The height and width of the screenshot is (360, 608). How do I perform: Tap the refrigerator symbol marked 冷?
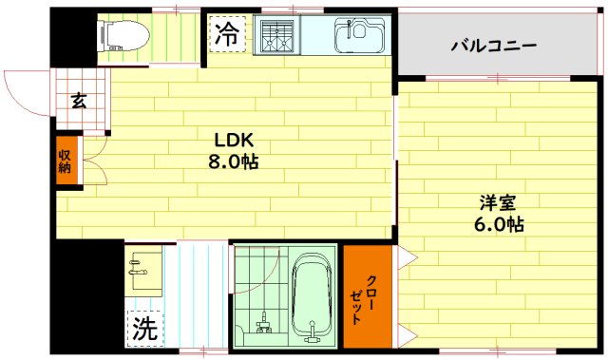click(x=227, y=35)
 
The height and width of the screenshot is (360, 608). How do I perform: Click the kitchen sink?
click(x=359, y=36)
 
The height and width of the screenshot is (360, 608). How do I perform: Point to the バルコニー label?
click(x=493, y=45)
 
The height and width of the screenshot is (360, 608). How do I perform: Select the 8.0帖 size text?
click(x=234, y=161)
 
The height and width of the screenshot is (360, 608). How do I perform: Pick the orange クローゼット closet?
click(x=367, y=298)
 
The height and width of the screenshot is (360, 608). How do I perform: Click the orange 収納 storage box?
click(x=65, y=161)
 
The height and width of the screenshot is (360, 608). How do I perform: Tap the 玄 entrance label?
click(x=79, y=99)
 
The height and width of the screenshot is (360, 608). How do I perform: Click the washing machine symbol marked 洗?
click(x=144, y=329)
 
